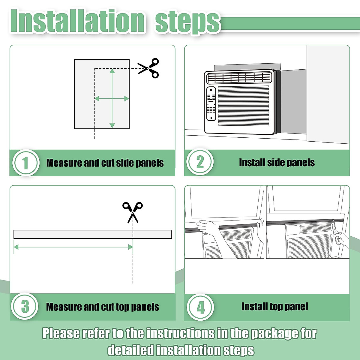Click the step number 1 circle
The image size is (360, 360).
[x=25, y=163]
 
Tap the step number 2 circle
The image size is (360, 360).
[x=200, y=162]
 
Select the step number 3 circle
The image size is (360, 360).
[x=25, y=307]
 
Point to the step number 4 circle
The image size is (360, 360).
[x=200, y=307]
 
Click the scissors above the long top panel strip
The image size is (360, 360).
[x=133, y=212]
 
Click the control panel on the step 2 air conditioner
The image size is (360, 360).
[x=211, y=104]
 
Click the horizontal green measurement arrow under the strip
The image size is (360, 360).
[x=73, y=247]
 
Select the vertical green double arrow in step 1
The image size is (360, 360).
[x=112, y=98]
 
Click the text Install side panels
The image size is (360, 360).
[x=277, y=163]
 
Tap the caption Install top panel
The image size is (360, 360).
[x=274, y=307]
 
